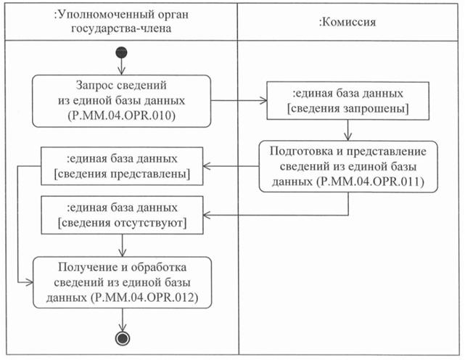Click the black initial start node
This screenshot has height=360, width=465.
click(x=121, y=52)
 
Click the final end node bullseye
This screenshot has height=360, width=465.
click(x=121, y=339)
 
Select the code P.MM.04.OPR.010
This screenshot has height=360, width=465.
click(x=121, y=114)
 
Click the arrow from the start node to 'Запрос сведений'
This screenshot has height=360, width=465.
click(x=121, y=66)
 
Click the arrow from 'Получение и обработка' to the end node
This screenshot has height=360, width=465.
click(x=121, y=319)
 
